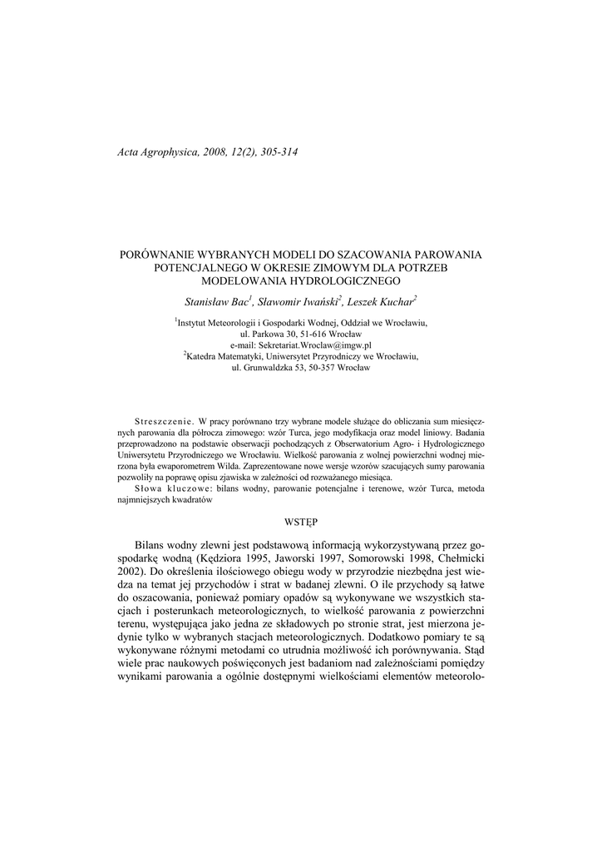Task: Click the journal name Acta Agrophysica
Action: point(155,152)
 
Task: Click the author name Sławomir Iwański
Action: point(299,301)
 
